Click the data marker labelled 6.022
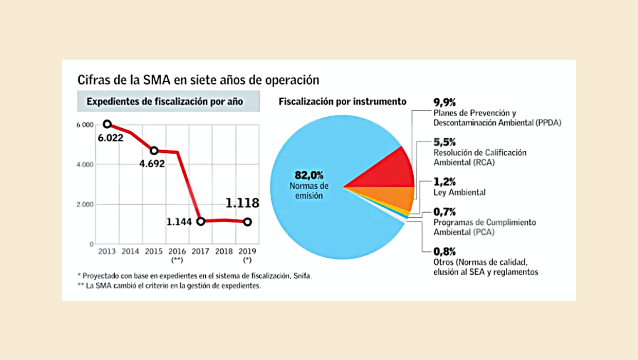[x=107, y=124]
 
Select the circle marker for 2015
[x=154, y=151]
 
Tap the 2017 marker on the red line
[x=201, y=221]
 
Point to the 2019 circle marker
[x=247, y=222]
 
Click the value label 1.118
[x=242, y=203]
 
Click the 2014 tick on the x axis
[x=131, y=251]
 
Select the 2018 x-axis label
[x=224, y=251]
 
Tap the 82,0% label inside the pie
[x=308, y=174]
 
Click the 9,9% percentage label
[x=445, y=102]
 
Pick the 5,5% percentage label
[x=445, y=142]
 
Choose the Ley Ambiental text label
[x=459, y=192]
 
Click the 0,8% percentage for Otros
[x=445, y=251]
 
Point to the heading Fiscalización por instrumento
[x=343, y=101]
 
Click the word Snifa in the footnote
[x=302, y=276]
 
